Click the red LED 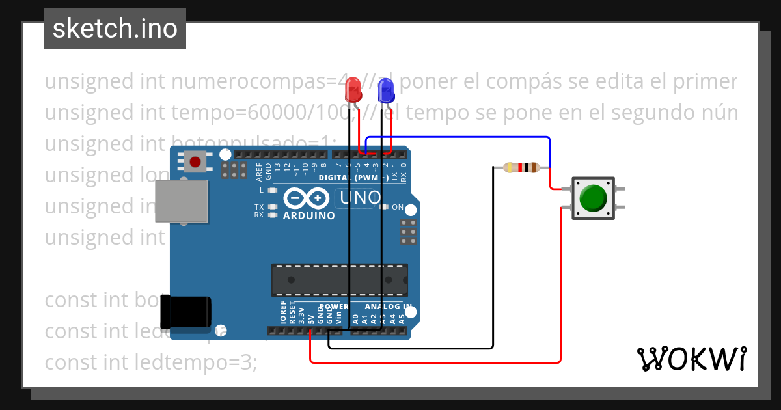pos(353,90)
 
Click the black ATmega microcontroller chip pos(339,280)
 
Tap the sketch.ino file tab pos(115,29)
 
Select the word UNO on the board pos(358,197)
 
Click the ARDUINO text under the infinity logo pos(308,215)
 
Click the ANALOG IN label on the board pos(388,307)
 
